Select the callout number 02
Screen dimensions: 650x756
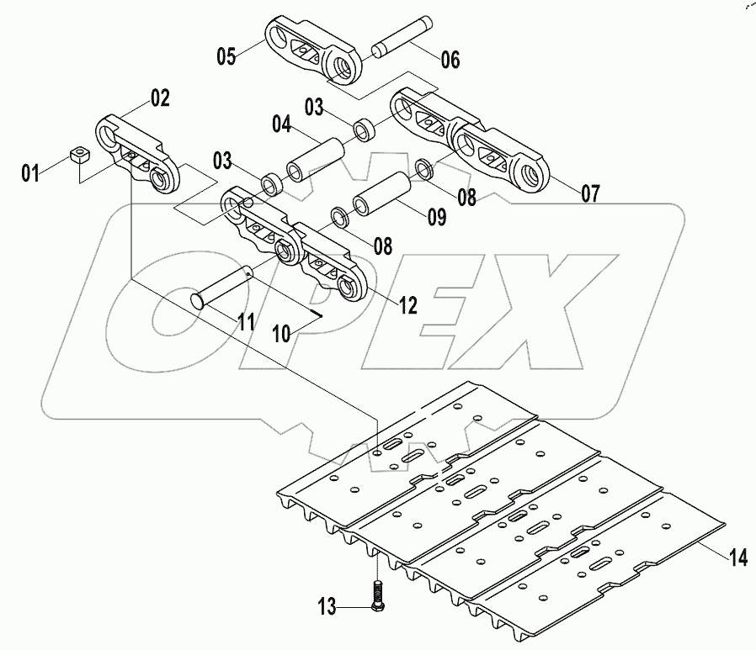160,98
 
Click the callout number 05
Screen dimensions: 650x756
226,57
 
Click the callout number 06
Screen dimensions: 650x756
450,59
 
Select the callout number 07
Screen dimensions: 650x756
589,193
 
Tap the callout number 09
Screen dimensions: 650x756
435,218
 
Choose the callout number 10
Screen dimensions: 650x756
280,334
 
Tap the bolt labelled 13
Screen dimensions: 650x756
376,592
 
